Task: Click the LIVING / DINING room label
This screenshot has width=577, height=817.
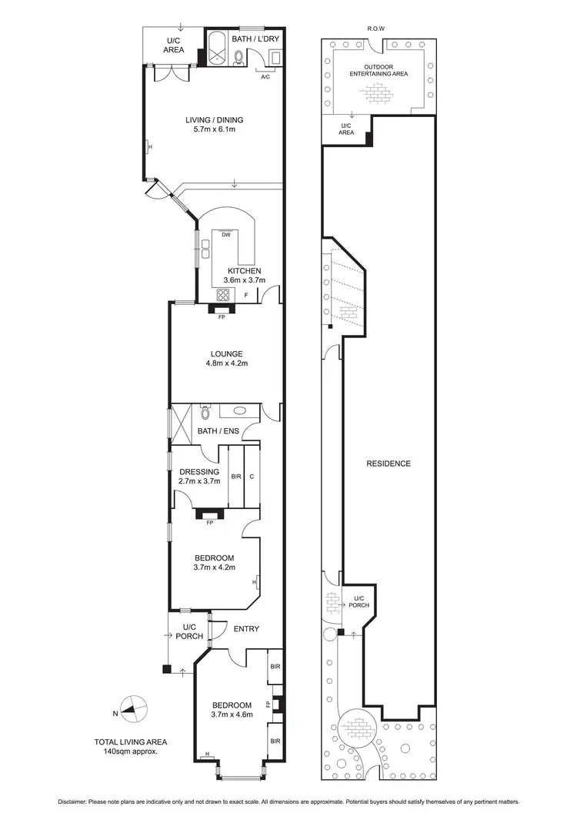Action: click(x=214, y=120)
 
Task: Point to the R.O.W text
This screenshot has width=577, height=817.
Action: click(x=376, y=28)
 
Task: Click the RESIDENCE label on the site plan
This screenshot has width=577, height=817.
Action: click(x=389, y=464)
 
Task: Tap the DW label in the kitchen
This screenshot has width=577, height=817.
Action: click(x=226, y=235)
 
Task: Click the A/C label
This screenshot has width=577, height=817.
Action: click(x=265, y=77)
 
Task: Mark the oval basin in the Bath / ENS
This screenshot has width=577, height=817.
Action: click(x=239, y=412)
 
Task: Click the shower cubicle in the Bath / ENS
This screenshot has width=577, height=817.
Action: click(x=182, y=424)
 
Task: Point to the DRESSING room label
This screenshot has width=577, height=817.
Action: click(x=199, y=472)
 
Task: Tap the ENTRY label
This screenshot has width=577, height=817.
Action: click(x=246, y=629)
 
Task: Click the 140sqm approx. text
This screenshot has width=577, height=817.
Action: click(x=131, y=752)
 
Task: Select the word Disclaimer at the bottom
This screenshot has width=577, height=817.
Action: click(x=76, y=801)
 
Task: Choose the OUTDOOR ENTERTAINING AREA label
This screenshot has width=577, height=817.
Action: click(x=378, y=69)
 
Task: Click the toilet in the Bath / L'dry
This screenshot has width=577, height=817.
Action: click(x=239, y=56)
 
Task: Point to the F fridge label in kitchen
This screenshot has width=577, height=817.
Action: click(x=246, y=295)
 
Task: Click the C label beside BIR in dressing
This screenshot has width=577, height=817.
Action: click(x=252, y=477)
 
